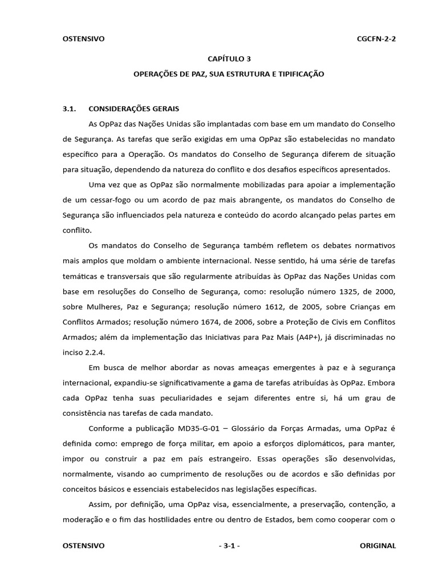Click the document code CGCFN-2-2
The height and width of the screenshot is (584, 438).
(x=376, y=39)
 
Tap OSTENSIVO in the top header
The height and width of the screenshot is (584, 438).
(x=83, y=39)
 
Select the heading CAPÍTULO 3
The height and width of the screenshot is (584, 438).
(x=229, y=59)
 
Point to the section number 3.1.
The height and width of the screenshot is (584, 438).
(x=69, y=108)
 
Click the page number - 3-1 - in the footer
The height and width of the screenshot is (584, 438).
(x=229, y=546)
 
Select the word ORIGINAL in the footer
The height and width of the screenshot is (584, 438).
(x=378, y=546)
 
